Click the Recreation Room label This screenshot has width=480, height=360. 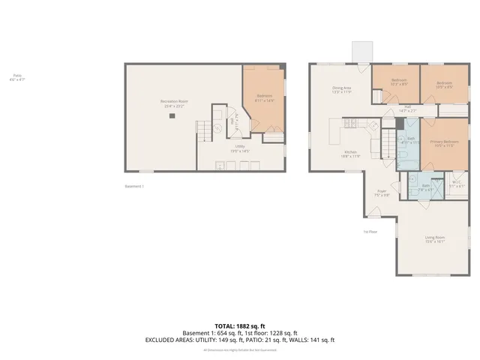(x=174, y=103)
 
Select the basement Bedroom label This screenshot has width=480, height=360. (x=265, y=97)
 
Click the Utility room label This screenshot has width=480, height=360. (x=240, y=148)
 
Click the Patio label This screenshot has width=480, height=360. (x=16, y=76)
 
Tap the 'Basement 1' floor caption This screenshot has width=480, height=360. (x=133, y=186)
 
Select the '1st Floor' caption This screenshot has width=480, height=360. (x=370, y=232)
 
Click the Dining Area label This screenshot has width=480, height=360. (x=342, y=89)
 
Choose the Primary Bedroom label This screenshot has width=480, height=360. (x=444, y=143)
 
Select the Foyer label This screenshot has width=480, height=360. (x=382, y=193)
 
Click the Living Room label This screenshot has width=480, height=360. (x=435, y=240)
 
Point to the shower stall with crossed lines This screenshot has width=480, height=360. (x=413, y=178)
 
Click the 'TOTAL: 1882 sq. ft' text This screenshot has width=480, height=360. (x=240, y=326)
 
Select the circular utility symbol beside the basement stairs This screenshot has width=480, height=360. (x=217, y=127)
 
